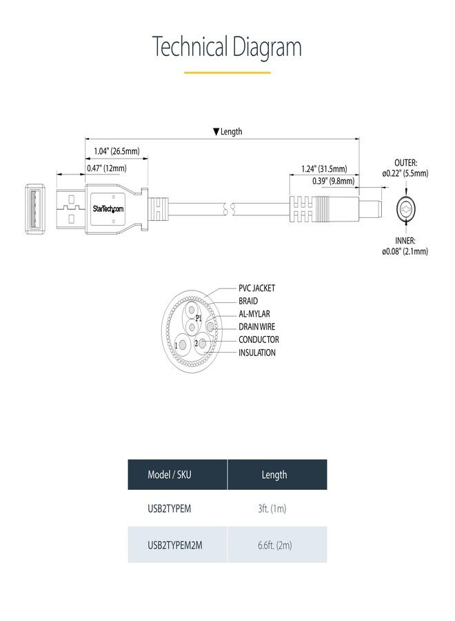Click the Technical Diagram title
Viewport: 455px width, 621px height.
(227, 48)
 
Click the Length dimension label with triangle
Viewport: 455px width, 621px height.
(228, 131)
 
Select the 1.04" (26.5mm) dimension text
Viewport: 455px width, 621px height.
(116, 151)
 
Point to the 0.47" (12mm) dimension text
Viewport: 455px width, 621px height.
(106, 168)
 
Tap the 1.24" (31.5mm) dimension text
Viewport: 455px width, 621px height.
(329, 168)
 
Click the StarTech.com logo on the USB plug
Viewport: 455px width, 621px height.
(108, 208)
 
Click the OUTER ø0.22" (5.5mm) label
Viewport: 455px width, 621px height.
(405, 168)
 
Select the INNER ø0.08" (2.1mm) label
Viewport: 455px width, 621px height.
(405, 246)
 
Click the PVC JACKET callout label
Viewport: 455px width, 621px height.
(257, 288)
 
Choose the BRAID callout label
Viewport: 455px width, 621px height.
(248, 301)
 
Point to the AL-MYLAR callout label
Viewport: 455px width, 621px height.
(254, 314)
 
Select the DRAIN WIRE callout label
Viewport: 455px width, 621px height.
(257, 327)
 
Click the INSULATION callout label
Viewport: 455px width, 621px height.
(257, 353)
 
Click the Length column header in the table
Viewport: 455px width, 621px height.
(274, 475)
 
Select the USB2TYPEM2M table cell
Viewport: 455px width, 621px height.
(175, 545)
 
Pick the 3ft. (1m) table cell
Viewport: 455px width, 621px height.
(272, 509)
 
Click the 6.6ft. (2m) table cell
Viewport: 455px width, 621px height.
(274, 545)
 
